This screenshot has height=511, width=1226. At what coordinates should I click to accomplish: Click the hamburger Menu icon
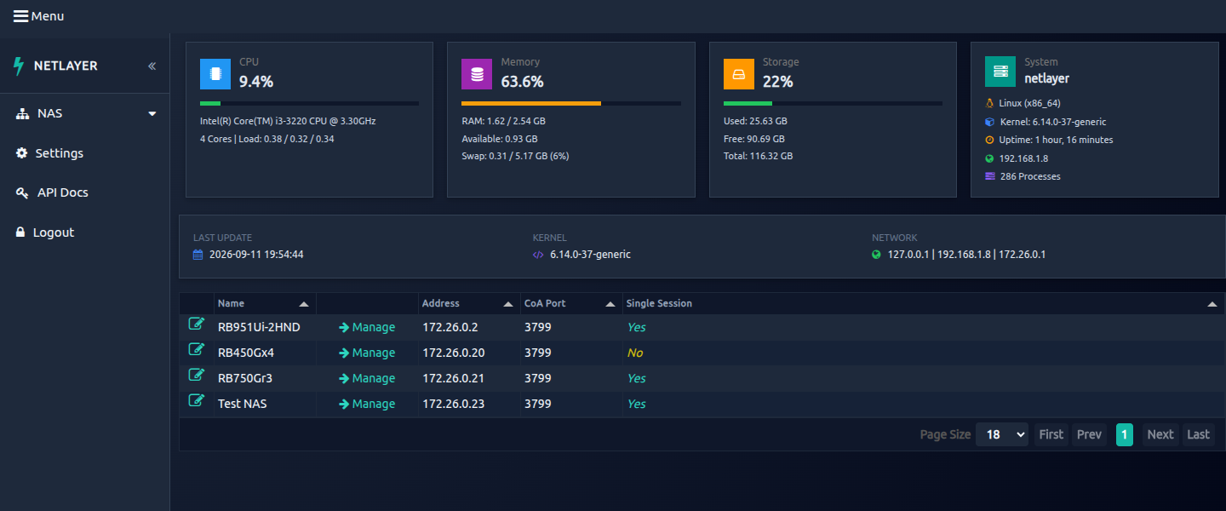[20, 16]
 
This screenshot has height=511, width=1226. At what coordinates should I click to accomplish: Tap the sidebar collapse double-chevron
[152, 66]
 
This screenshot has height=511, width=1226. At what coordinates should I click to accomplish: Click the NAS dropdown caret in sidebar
[152, 114]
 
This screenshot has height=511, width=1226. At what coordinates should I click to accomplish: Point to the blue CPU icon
[215, 74]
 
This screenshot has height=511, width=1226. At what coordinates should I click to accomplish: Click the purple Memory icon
[477, 74]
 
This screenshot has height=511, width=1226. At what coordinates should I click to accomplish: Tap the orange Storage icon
[738, 74]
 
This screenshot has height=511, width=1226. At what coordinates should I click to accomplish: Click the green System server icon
[1000, 72]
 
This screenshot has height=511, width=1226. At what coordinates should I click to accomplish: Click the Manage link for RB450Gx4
[367, 353]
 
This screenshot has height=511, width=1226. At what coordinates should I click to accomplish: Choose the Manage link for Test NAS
[367, 404]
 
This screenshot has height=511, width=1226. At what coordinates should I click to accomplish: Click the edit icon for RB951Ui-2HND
[197, 324]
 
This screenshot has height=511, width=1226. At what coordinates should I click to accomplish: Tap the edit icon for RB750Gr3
[197, 375]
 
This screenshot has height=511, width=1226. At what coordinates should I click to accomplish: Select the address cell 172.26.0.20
[453, 353]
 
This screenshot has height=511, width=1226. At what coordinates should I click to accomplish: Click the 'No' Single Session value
[635, 353]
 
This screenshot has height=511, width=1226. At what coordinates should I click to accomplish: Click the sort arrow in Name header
[304, 304]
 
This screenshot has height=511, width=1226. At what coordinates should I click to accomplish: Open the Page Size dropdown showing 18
[1001, 435]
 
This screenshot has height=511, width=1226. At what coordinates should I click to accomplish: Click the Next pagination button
[1160, 435]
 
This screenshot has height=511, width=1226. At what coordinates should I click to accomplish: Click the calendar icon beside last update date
[198, 255]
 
